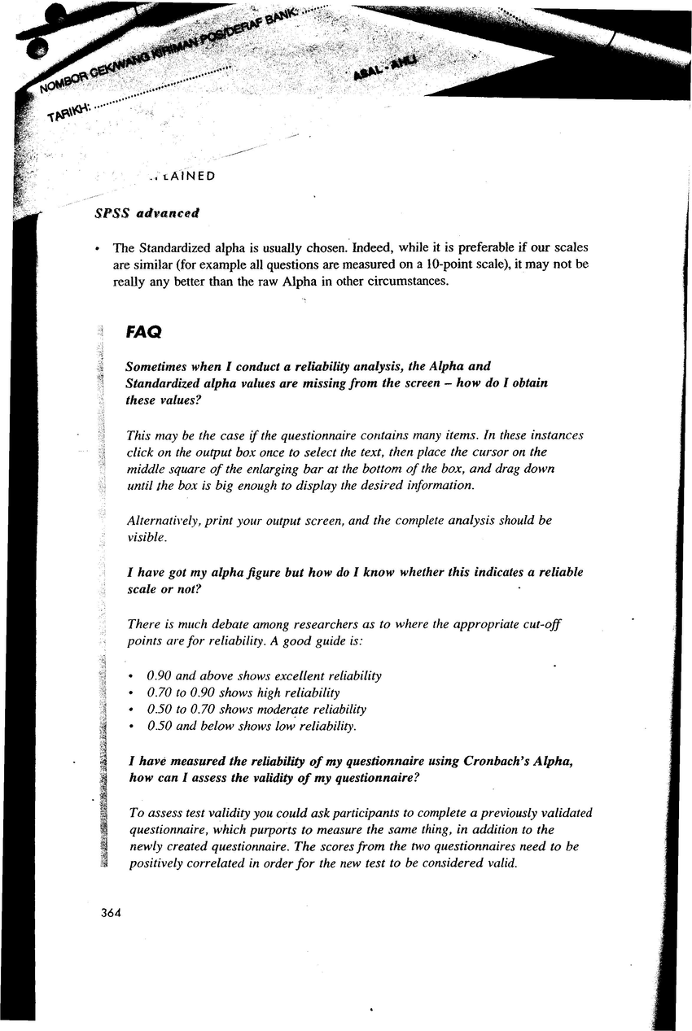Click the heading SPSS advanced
147,213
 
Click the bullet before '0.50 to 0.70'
132,710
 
